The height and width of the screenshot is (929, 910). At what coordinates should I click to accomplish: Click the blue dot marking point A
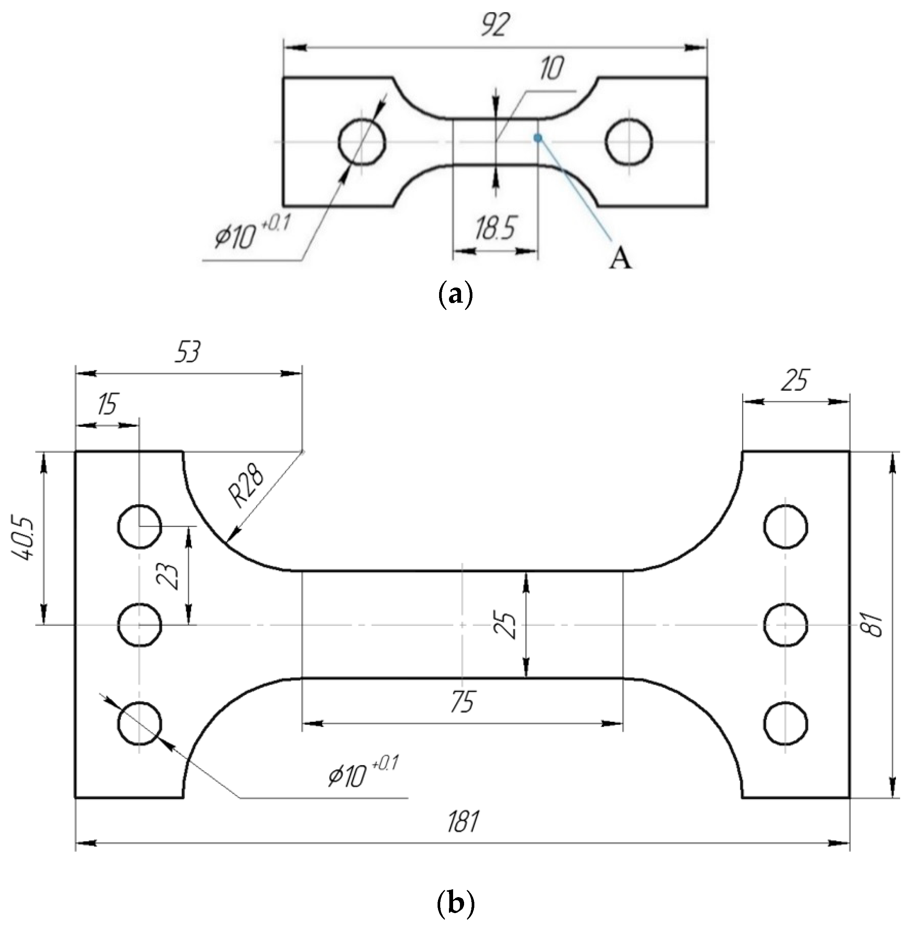click(x=538, y=138)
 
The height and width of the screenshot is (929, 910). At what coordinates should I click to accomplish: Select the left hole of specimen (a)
click(x=362, y=142)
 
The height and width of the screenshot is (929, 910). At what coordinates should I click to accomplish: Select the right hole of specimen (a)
click(x=629, y=142)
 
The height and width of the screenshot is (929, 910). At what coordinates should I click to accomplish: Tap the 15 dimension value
click(x=107, y=404)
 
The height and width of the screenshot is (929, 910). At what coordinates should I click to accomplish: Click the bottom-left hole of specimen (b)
click(x=139, y=724)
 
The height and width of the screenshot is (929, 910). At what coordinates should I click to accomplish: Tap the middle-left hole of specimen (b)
click(x=139, y=625)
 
